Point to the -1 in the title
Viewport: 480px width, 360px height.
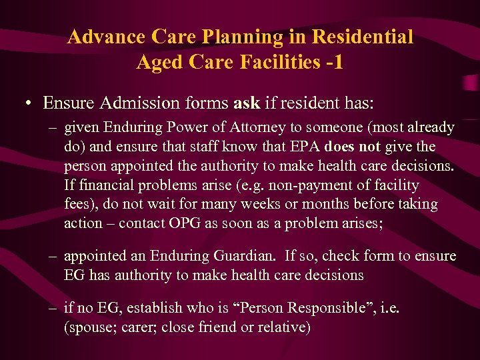click(334, 62)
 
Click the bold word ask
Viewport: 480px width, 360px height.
click(247, 103)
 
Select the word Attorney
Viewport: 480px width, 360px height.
click(257, 127)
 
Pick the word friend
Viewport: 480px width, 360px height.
click(231, 327)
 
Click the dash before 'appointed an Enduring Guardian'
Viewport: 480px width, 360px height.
click(51, 256)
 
